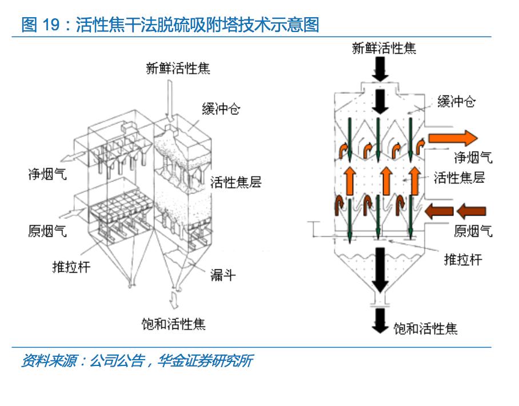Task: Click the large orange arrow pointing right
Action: coord(452,138)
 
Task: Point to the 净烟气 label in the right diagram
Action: coord(473,158)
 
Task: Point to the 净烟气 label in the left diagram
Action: coord(47,174)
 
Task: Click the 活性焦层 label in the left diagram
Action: coord(236,182)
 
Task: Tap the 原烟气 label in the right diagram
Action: coord(473,232)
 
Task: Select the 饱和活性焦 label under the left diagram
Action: coord(173,324)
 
